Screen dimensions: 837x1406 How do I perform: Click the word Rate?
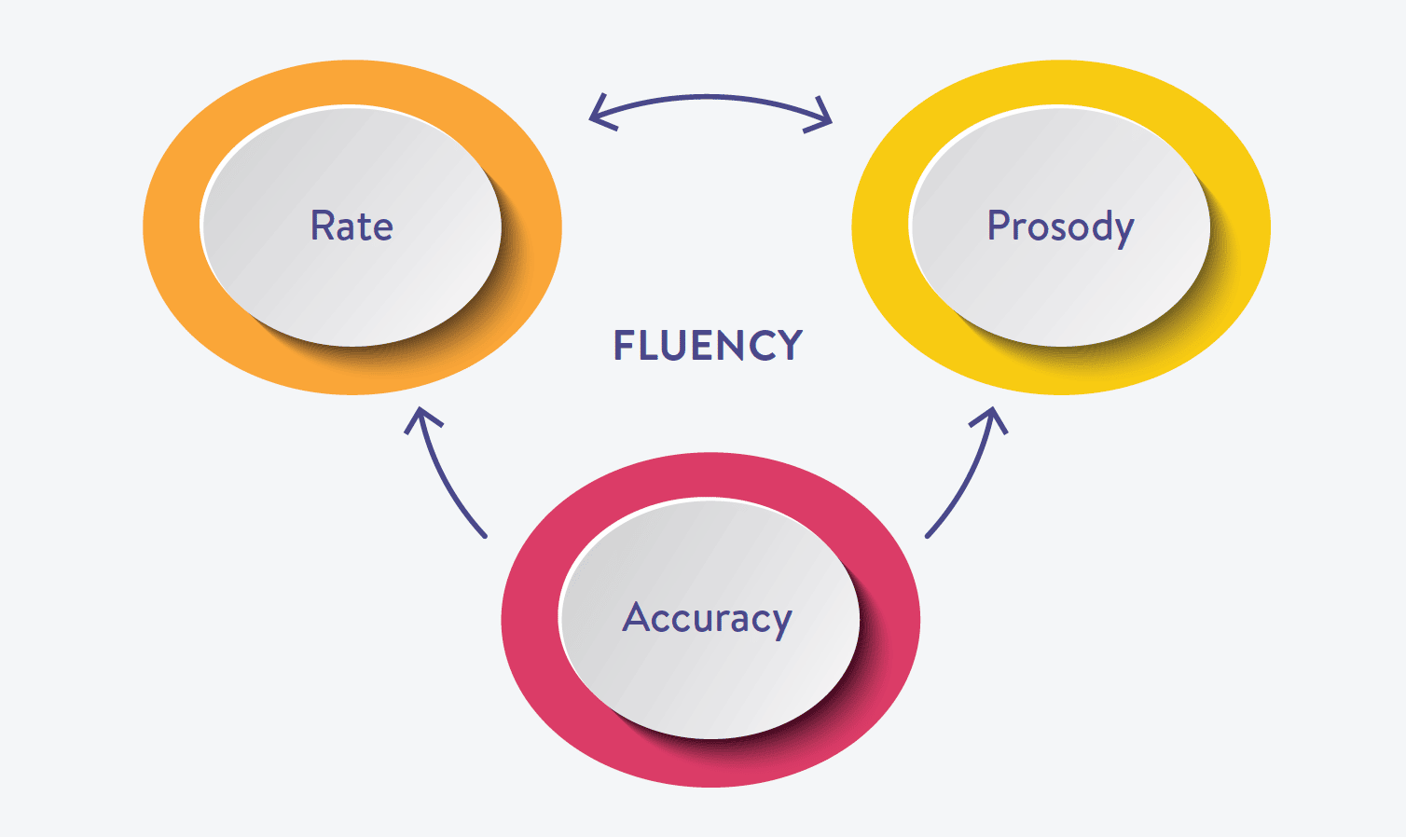[351, 226]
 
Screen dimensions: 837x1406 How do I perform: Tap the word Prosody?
[1060, 226]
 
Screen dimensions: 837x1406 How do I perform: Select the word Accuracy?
[707, 618]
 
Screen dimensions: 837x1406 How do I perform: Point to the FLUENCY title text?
[708, 346]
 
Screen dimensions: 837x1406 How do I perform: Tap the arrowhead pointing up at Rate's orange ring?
[421, 417]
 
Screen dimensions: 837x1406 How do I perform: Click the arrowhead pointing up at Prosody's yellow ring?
[992, 416]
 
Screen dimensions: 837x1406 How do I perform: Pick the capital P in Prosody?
[998, 226]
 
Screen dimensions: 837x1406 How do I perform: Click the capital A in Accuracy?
[636, 617]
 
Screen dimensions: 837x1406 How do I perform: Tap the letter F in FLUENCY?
[623, 346]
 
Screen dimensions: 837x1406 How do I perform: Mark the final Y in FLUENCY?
[791, 346]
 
